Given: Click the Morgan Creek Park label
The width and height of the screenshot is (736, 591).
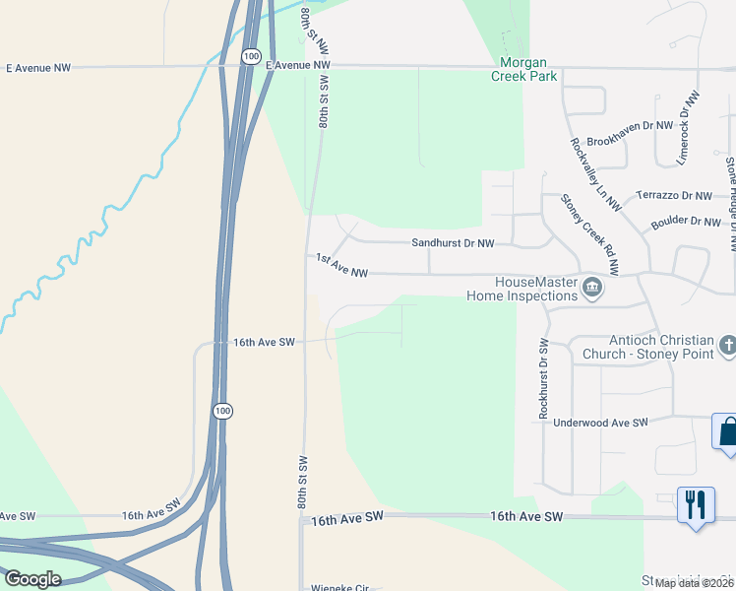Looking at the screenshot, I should pyautogui.click(x=524, y=69).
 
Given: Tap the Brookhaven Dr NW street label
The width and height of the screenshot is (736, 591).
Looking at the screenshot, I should pyautogui.click(x=630, y=126).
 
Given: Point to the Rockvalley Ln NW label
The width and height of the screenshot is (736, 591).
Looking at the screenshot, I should pyautogui.click(x=596, y=173).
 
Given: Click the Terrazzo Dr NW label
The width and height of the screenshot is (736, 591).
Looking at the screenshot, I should pyautogui.click(x=674, y=196).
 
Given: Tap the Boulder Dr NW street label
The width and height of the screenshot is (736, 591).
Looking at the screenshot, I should pyautogui.click(x=686, y=223).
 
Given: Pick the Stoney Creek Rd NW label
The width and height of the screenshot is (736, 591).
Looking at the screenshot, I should pyautogui.click(x=590, y=233).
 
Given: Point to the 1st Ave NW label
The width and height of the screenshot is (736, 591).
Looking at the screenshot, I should pyautogui.click(x=341, y=265).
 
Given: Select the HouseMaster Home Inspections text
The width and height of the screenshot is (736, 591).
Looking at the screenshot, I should pyautogui.click(x=521, y=289).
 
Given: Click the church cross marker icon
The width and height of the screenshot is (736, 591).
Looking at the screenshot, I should pyautogui.click(x=727, y=346).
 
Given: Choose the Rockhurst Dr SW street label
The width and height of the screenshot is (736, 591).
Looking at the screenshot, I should pyautogui.click(x=543, y=380).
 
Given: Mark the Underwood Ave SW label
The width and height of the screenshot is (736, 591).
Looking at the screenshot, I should pyautogui.click(x=601, y=422).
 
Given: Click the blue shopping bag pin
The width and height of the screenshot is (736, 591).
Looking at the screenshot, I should pyautogui.click(x=726, y=431).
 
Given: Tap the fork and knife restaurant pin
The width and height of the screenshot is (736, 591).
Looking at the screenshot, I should pyautogui.click(x=696, y=504).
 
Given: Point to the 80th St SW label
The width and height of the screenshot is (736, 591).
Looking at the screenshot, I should pyautogui.click(x=303, y=482).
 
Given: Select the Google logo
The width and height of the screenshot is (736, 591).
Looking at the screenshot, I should pyautogui.click(x=32, y=579).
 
